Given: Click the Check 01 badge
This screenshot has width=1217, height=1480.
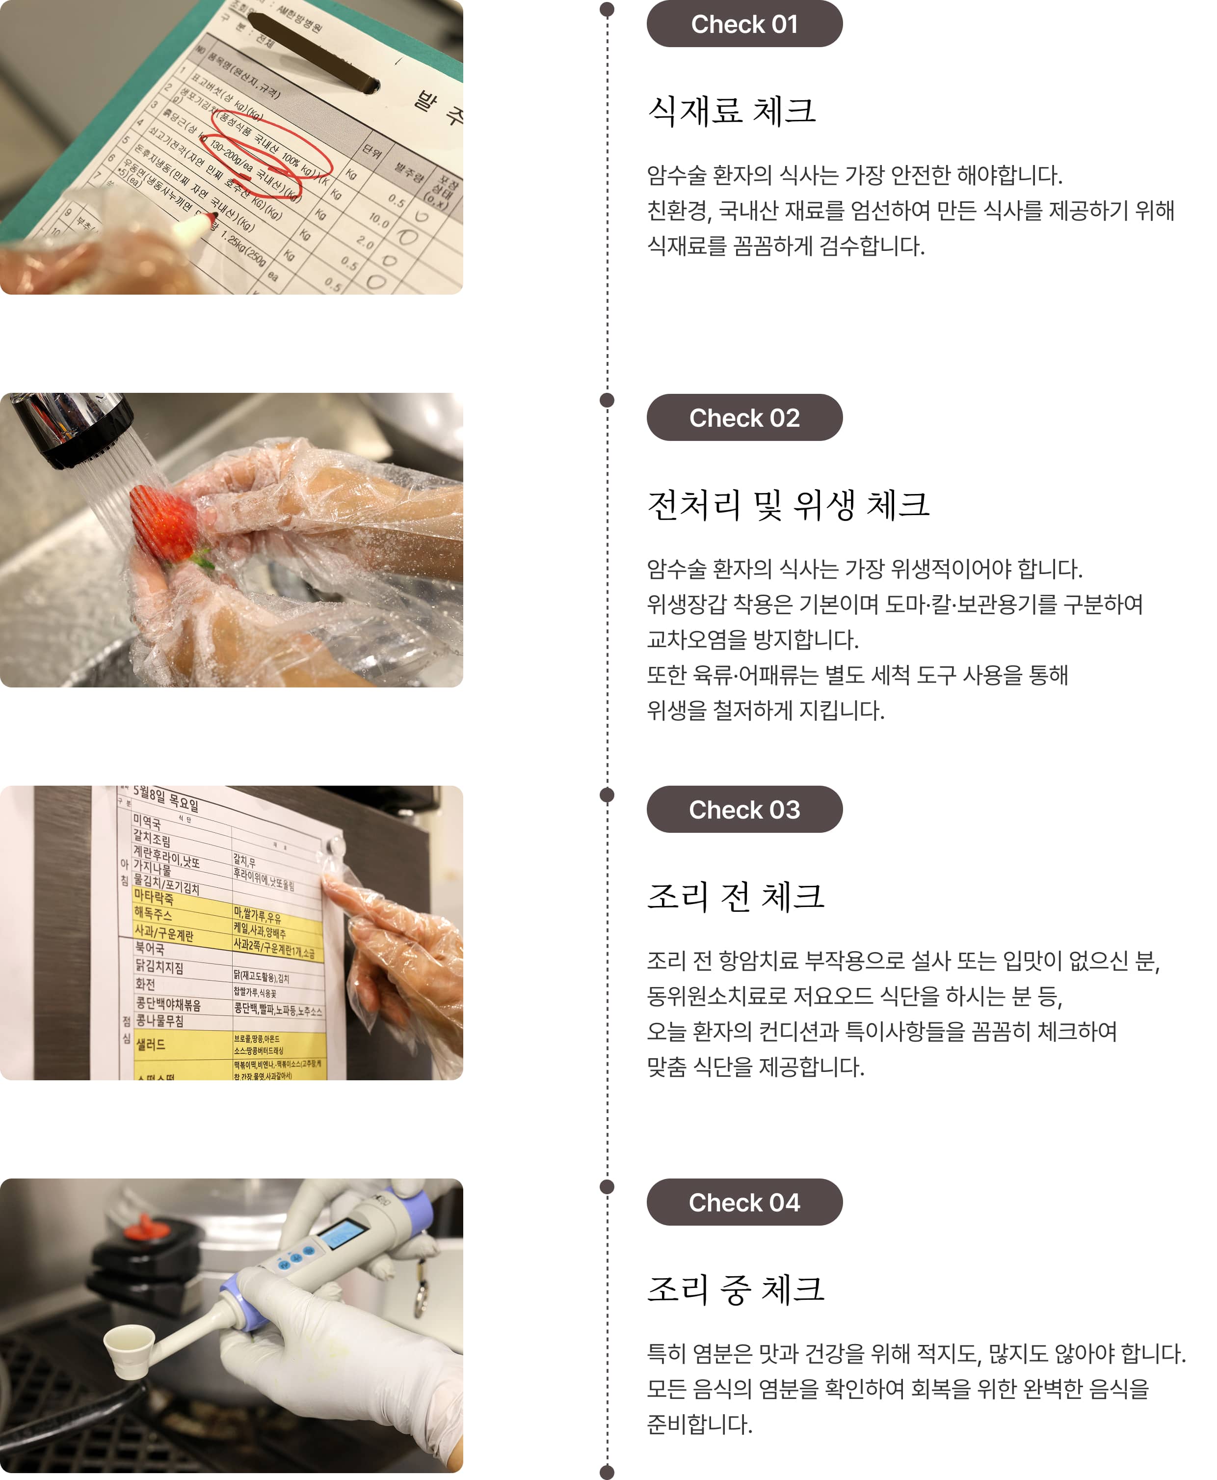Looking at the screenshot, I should tap(744, 24).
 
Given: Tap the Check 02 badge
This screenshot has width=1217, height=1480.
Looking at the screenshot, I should tap(744, 417).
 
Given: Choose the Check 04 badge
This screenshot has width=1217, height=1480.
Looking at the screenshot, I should tap(744, 1202).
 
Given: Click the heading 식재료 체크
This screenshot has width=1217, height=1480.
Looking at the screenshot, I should tap(731, 111).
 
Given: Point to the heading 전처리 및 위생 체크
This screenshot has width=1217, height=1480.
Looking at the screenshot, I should tap(788, 504).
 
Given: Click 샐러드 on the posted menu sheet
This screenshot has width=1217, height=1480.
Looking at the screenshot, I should tap(151, 1044).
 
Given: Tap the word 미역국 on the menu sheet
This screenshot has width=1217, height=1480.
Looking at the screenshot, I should tap(147, 822).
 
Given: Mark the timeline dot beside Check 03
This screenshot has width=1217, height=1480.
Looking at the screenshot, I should tap(607, 795).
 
